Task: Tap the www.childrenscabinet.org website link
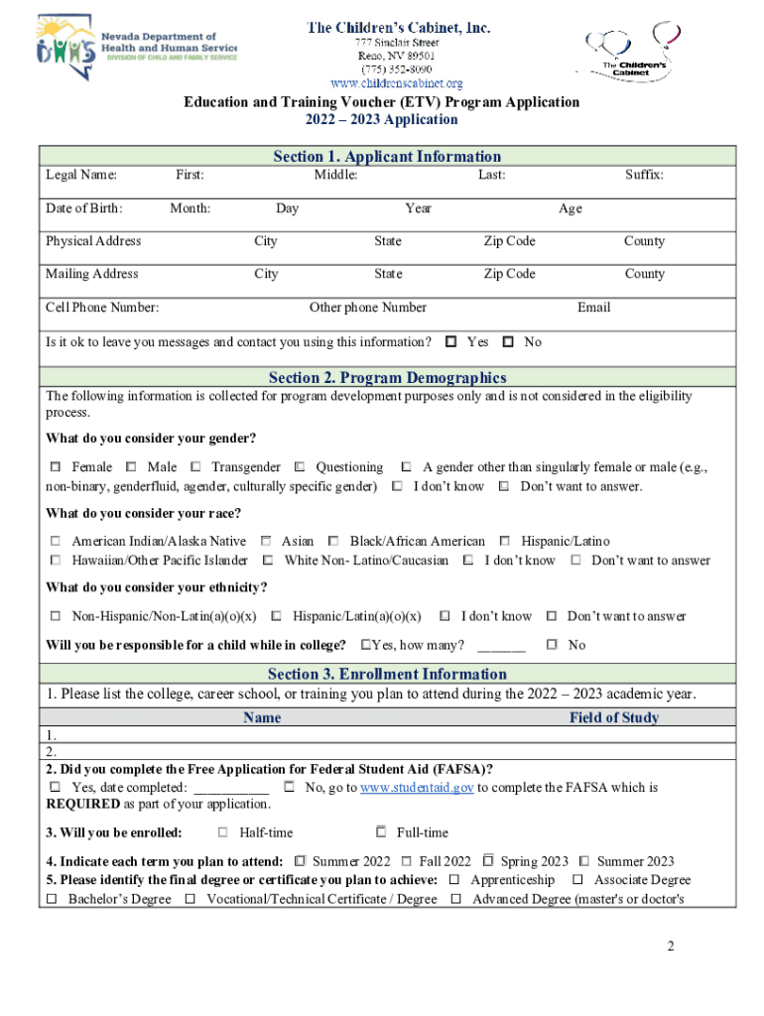(x=396, y=83)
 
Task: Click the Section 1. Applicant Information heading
(x=387, y=156)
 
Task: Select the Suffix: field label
(x=644, y=176)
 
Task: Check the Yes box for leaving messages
(x=450, y=342)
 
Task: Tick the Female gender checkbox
(x=56, y=467)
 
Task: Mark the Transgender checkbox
(x=196, y=467)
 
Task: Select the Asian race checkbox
(x=266, y=542)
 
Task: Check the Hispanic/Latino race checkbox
(x=505, y=542)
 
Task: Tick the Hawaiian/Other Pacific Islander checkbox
(x=56, y=561)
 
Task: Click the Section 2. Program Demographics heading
(x=387, y=377)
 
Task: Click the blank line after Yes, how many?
(x=501, y=646)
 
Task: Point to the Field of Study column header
(x=613, y=717)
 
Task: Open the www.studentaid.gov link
(x=417, y=788)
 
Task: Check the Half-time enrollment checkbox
(x=223, y=832)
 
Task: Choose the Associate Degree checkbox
(x=577, y=880)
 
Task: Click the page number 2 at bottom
(x=671, y=947)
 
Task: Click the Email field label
(x=593, y=308)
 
